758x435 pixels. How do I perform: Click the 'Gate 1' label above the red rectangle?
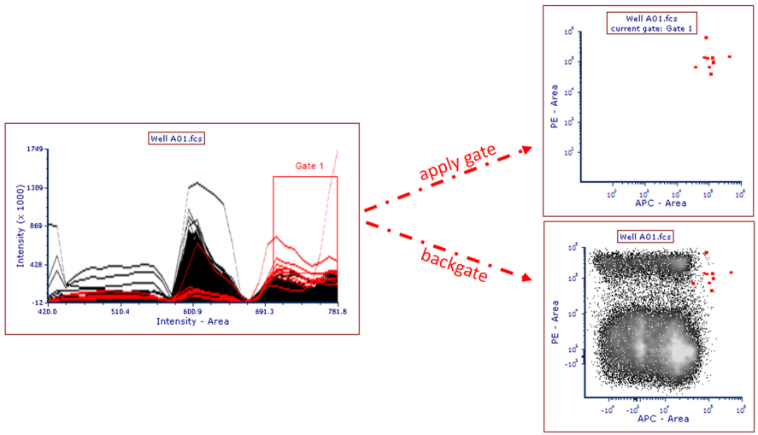(309, 166)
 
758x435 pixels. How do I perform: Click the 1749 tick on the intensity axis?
(35, 150)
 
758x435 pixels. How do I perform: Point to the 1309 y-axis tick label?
(35, 188)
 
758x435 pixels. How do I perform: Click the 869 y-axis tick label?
(37, 226)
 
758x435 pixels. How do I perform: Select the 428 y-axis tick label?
(37, 265)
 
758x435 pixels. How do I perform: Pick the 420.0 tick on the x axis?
(48, 312)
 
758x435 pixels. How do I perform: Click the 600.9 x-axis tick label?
(193, 312)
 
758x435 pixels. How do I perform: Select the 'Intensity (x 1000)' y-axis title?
(21, 226)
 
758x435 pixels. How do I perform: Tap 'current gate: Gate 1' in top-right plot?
(651, 30)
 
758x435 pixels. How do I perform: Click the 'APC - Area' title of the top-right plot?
(661, 203)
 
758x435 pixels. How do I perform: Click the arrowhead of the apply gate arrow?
(525, 149)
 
